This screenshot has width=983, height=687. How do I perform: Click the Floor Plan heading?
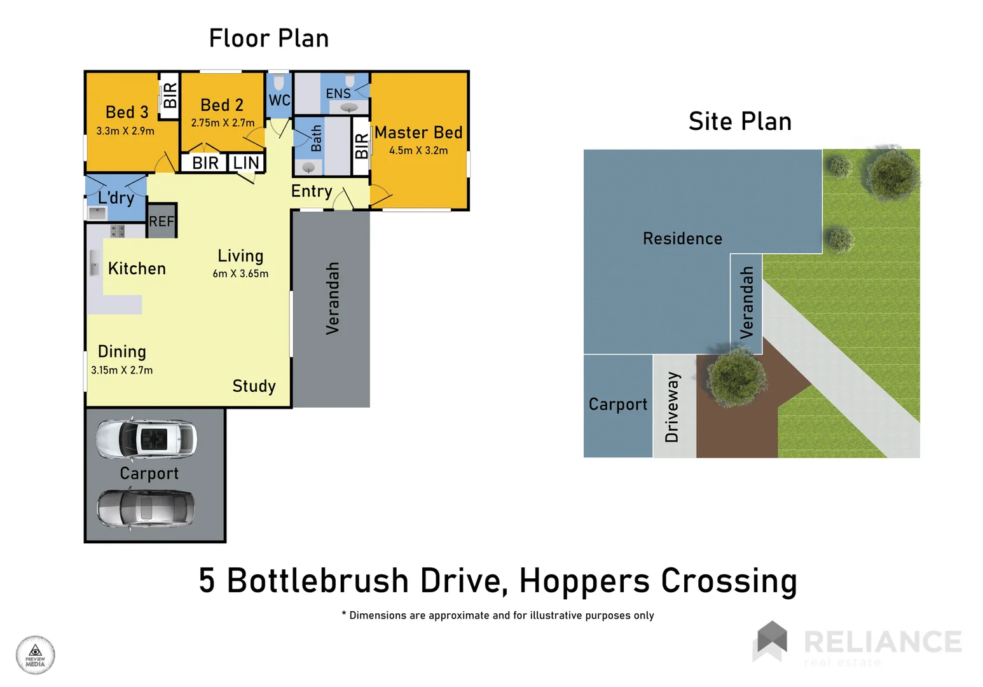click(x=268, y=39)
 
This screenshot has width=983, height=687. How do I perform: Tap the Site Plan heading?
click(x=739, y=121)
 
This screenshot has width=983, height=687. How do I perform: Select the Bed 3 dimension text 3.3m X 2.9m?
click(x=125, y=131)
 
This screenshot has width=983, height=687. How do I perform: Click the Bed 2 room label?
click(x=222, y=105)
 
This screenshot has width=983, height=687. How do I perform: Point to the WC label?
click(x=279, y=101)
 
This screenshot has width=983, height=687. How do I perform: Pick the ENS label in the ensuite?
click(x=338, y=94)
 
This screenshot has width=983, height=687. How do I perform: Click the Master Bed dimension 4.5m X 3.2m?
click(x=418, y=151)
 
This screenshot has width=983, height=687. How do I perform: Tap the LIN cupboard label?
click(x=246, y=163)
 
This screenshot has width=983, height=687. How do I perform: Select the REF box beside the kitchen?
click(x=162, y=221)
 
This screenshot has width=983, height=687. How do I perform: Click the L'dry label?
click(x=116, y=198)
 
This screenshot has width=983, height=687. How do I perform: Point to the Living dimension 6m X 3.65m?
click(x=240, y=274)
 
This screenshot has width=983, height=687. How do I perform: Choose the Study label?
click(x=254, y=386)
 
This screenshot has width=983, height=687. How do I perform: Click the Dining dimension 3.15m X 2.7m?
click(x=121, y=370)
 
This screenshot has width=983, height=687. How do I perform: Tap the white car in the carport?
click(x=146, y=439)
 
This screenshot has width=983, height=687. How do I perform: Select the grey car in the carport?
click(x=146, y=508)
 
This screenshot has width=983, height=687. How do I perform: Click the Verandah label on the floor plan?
click(x=333, y=298)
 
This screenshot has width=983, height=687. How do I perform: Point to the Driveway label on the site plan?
click(x=672, y=407)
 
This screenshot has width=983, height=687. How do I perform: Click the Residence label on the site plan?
click(x=682, y=239)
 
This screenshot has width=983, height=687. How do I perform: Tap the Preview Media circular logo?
click(x=36, y=655)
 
